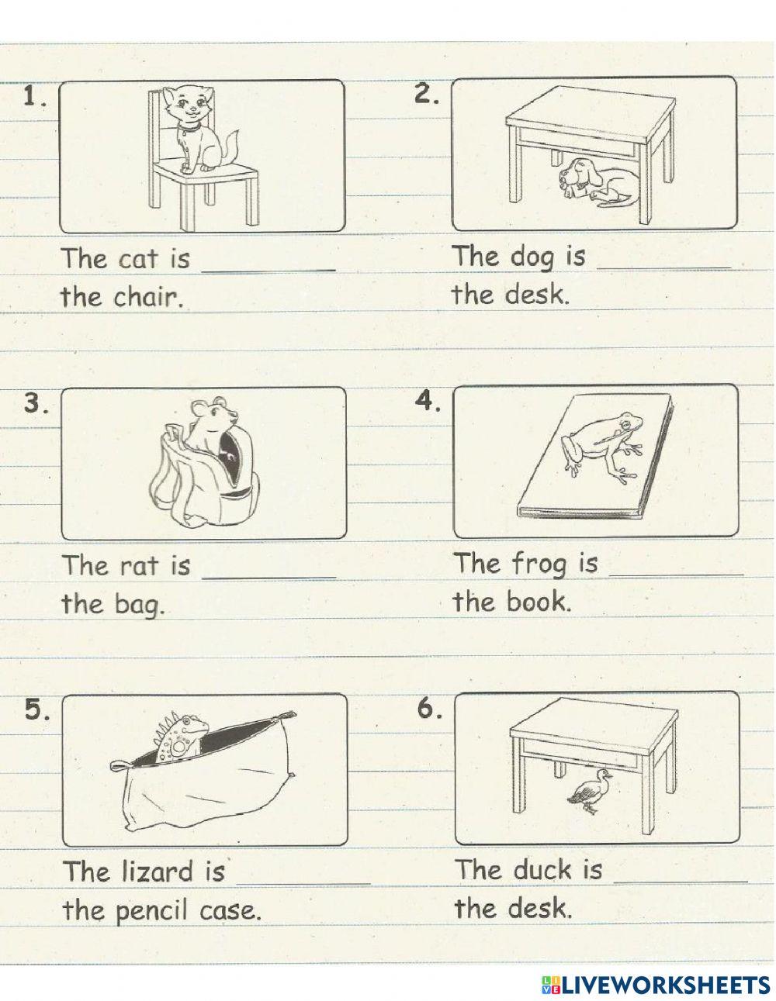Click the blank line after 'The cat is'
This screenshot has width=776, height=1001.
coord(269,271)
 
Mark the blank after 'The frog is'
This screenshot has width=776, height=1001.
coord(677,575)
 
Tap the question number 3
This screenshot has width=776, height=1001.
coord(36,403)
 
